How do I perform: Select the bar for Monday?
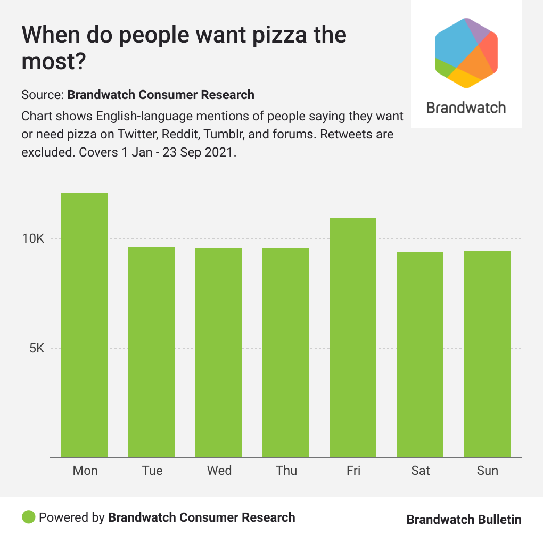click(x=85, y=325)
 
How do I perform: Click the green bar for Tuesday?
click(x=152, y=352)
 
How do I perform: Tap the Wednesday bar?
click(x=219, y=352)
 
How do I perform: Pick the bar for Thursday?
click(x=286, y=352)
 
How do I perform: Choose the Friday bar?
click(x=353, y=338)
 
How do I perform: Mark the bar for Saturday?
click(x=420, y=355)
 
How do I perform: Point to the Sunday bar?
click(x=487, y=354)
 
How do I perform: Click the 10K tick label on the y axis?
click(x=33, y=238)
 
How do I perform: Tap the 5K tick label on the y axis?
click(x=37, y=349)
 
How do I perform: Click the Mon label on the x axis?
click(x=85, y=471)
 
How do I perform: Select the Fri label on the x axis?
click(x=353, y=471)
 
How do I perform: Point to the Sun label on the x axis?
click(x=487, y=471)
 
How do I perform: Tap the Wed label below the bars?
click(x=219, y=471)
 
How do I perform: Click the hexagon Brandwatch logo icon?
click(x=466, y=52)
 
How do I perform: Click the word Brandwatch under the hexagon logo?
click(x=466, y=108)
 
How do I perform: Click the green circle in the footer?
click(x=29, y=517)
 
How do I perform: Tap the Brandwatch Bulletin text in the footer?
click(x=464, y=520)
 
